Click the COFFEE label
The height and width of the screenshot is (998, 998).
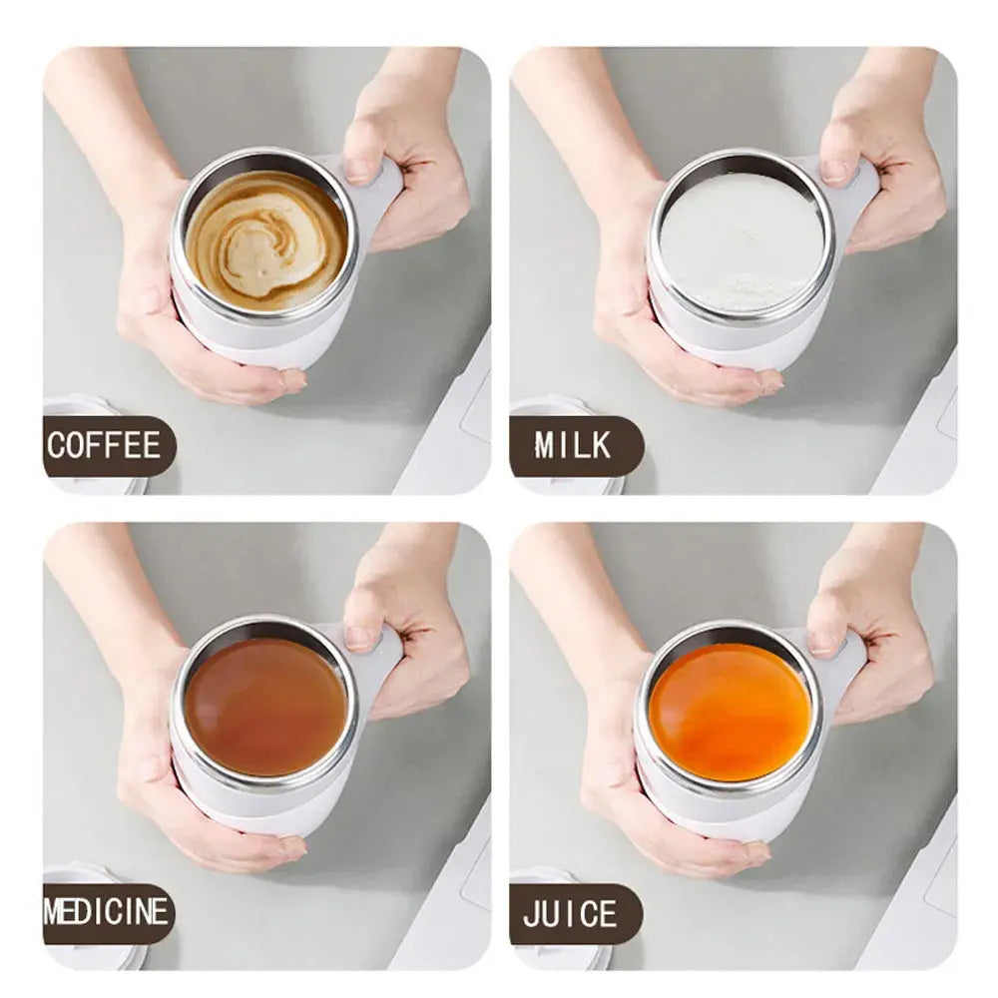tap(105, 445)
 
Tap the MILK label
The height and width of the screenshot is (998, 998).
tap(573, 445)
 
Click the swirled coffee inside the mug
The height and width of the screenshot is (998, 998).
tap(265, 240)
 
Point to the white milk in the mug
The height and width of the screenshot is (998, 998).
tap(741, 243)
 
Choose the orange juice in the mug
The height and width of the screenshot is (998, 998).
tap(729, 710)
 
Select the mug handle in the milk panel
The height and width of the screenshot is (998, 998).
tap(858, 195)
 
